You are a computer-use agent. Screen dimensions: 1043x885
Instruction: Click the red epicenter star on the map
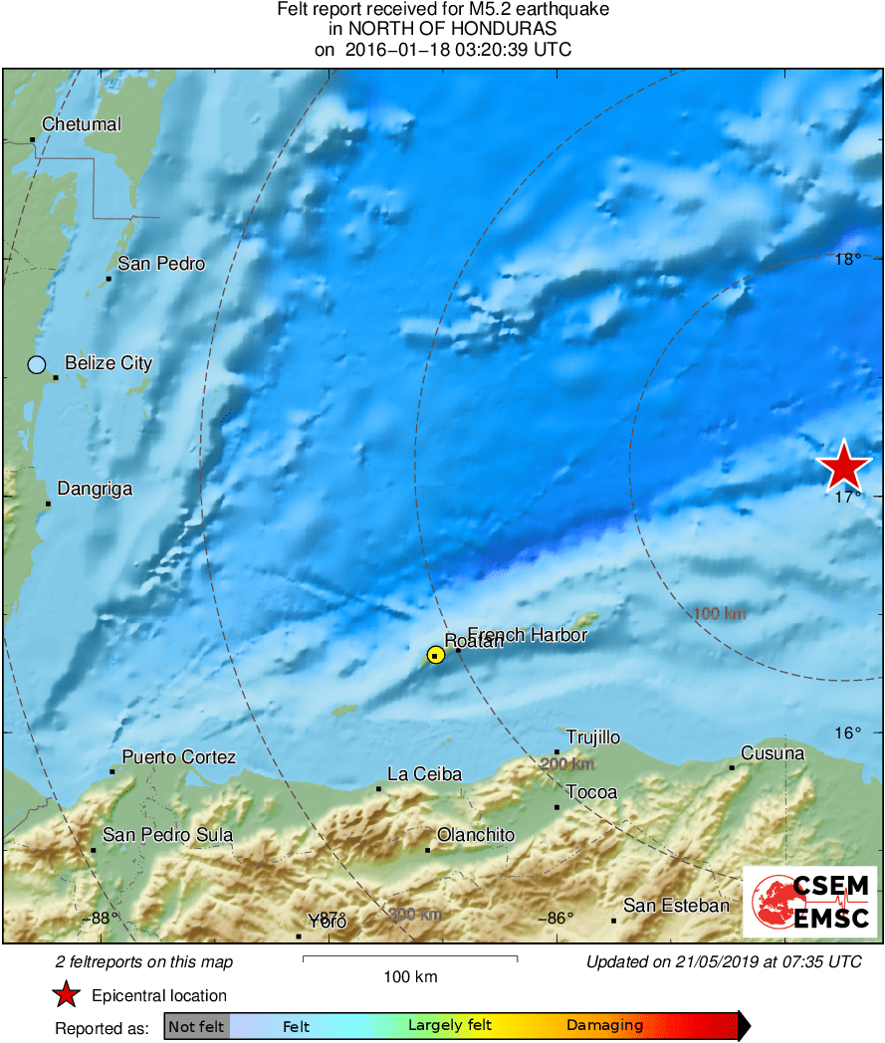pyautogui.click(x=844, y=467)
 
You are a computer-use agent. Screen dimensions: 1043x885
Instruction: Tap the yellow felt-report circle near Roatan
pyautogui.click(x=435, y=655)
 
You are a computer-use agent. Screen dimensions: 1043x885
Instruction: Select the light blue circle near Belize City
pyautogui.click(x=37, y=364)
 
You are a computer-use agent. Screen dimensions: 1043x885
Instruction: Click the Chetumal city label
pyautogui.click(x=81, y=124)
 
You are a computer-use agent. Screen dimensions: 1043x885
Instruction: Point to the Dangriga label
pyautogui.click(x=95, y=489)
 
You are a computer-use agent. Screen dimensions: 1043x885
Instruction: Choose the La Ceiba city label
pyautogui.click(x=424, y=773)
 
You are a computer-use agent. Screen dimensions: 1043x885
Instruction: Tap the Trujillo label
pyautogui.click(x=593, y=737)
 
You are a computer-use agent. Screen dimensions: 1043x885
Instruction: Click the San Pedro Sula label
pyautogui.click(x=167, y=835)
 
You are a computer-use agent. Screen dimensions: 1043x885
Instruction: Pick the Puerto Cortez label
pyautogui.click(x=179, y=757)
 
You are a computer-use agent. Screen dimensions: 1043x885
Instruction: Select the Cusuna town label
pyautogui.click(x=773, y=753)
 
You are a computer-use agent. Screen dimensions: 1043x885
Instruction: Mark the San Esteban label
pyautogui.click(x=676, y=906)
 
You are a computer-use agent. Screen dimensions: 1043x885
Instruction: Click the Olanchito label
pyautogui.click(x=476, y=835)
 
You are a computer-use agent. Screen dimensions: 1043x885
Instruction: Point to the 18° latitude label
pyautogui.click(x=847, y=260)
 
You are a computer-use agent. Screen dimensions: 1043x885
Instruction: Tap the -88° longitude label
pyautogui.click(x=101, y=918)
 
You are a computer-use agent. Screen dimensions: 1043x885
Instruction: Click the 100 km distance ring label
pyautogui.click(x=719, y=614)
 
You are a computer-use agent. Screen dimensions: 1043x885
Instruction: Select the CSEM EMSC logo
pyautogui.click(x=809, y=902)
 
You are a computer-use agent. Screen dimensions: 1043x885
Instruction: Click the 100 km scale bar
pyautogui.click(x=410, y=959)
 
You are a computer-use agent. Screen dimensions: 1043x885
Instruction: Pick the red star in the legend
pyautogui.click(x=67, y=994)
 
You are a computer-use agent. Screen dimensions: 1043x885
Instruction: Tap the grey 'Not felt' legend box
pyautogui.click(x=196, y=1026)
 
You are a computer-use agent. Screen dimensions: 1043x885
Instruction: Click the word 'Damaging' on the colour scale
pyautogui.click(x=604, y=1026)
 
